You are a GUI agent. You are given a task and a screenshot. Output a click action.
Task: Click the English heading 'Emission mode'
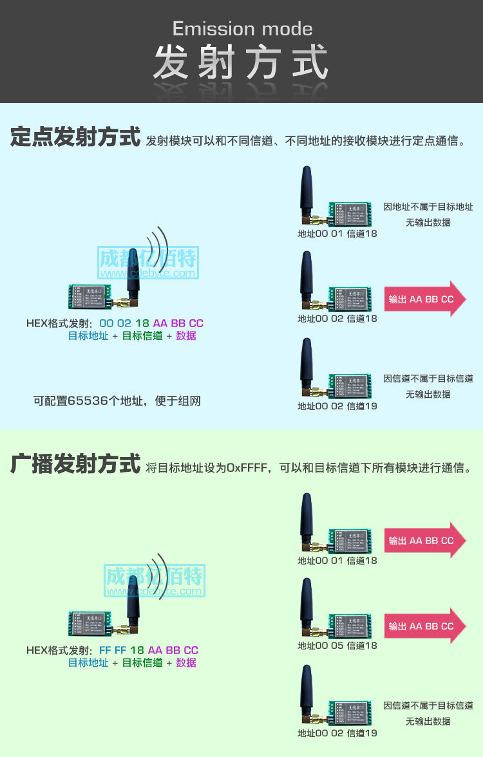(242, 29)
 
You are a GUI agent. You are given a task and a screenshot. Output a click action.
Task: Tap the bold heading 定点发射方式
(75, 138)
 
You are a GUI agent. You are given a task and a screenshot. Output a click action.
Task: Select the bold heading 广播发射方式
(75, 463)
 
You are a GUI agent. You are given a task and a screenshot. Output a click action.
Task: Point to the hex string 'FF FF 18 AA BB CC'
(148, 650)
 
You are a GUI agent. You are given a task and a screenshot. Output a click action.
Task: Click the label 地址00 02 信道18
(337, 319)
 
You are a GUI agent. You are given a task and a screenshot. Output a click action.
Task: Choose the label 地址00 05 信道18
(337, 646)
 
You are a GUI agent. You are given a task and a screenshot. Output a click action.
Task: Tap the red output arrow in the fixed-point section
(425, 299)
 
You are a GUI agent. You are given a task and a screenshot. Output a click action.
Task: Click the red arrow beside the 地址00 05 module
(425, 626)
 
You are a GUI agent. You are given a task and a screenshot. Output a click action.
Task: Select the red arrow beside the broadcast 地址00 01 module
(425, 541)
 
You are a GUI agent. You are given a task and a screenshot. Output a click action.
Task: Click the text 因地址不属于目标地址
(428, 207)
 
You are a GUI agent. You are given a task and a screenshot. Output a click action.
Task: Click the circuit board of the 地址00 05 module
(350, 625)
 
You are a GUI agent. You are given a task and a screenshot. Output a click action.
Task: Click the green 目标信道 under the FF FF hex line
(142, 663)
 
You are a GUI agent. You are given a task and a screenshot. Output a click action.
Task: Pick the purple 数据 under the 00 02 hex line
(186, 336)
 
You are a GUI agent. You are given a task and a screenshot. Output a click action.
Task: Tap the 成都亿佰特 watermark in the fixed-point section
(148, 259)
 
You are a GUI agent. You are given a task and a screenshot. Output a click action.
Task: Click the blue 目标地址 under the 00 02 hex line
(88, 336)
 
